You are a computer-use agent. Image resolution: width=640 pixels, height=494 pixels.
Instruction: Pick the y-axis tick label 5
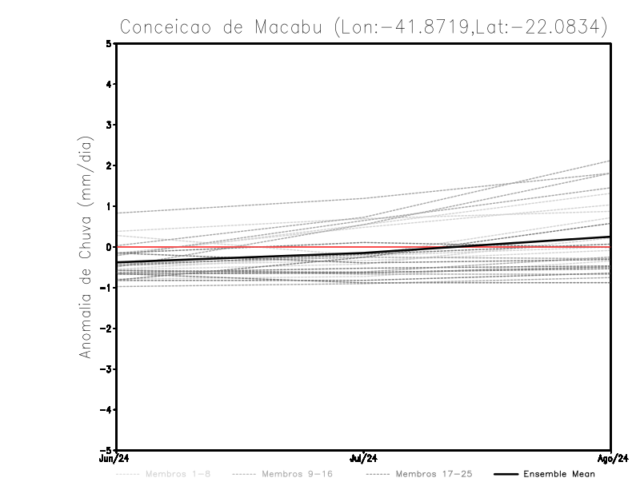(110, 43)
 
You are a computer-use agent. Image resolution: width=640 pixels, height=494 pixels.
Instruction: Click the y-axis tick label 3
(110, 125)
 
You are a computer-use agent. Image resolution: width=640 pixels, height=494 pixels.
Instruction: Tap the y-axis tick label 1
(110, 206)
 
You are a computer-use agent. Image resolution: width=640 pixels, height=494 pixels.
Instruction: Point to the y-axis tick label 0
(110, 246)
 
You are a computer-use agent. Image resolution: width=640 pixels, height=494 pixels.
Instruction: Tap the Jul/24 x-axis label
(364, 458)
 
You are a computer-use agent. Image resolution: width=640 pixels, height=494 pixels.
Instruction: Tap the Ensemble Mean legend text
(558, 474)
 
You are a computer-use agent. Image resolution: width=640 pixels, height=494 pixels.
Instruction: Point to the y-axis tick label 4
(110, 84)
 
